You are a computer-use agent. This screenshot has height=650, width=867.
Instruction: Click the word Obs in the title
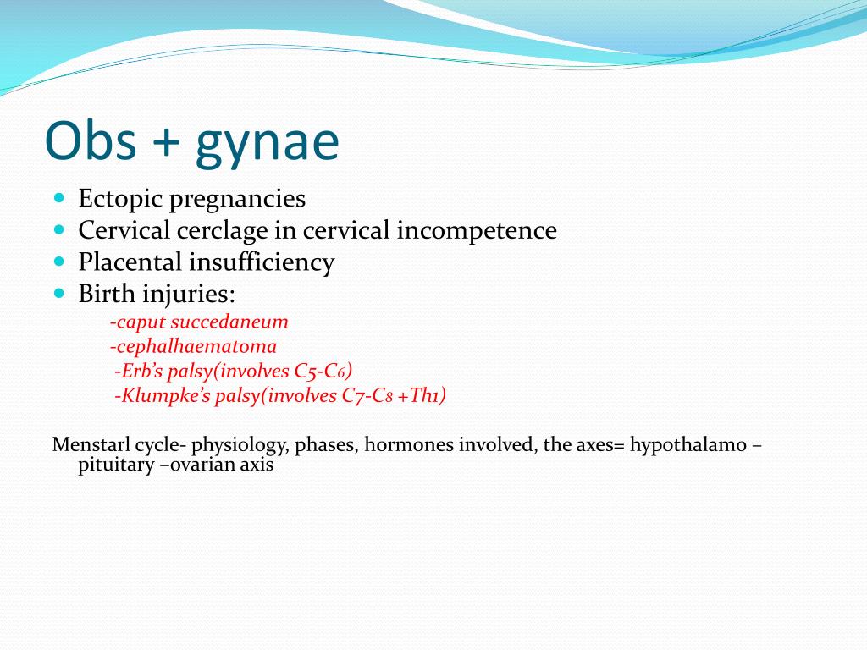click(91, 140)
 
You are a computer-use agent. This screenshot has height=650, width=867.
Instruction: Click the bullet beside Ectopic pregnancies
click(60, 197)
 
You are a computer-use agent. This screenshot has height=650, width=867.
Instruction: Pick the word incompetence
click(477, 230)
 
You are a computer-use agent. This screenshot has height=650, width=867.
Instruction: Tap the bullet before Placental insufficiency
click(60, 261)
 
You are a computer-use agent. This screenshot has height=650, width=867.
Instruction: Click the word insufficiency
click(262, 262)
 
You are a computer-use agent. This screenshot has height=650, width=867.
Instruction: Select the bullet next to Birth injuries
click(60, 292)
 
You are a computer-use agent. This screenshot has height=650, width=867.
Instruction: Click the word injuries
click(189, 294)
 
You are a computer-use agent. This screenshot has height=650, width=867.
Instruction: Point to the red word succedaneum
click(229, 321)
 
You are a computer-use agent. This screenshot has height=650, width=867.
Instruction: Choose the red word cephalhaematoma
click(194, 346)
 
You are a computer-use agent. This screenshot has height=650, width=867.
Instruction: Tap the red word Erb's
click(139, 371)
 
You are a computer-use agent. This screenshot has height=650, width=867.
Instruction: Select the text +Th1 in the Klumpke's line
click(422, 395)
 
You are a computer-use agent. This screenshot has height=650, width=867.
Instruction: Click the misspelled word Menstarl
click(91, 444)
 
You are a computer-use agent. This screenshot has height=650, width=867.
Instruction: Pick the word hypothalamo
click(688, 445)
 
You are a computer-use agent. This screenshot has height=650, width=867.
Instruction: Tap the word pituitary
click(116, 465)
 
